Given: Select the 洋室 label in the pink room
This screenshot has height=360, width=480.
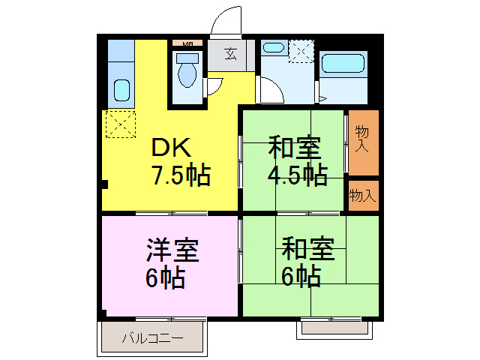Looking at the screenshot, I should (x=172, y=250).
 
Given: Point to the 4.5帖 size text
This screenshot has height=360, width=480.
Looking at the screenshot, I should (x=298, y=175).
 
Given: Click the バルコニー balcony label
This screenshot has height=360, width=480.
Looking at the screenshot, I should (x=152, y=338).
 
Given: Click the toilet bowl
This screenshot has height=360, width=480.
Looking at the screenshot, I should (x=187, y=73).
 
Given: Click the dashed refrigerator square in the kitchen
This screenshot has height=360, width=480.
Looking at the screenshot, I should (x=121, y=124).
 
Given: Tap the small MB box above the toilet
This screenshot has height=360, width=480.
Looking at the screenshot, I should (x=187, y=44).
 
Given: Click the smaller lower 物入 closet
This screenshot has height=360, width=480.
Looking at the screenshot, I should (x=363, y=196).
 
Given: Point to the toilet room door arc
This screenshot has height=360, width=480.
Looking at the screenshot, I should (x=214, y=85).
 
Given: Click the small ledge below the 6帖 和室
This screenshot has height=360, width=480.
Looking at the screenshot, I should (x=334, y=326).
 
